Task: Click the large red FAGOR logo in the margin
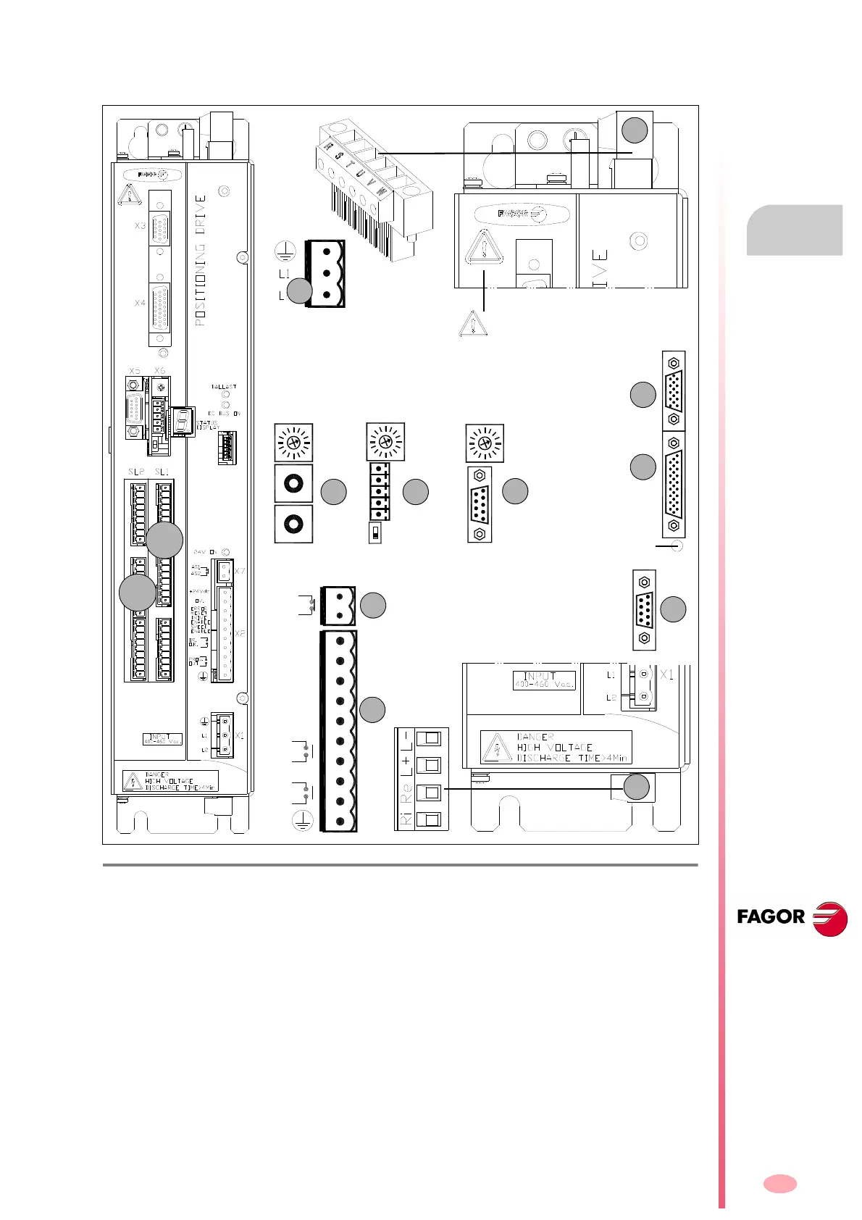[792, 918]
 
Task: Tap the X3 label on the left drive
[140, 226]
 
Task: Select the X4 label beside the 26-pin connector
[140, 303]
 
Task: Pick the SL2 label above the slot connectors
[136, 472]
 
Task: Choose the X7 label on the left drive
[240, 572]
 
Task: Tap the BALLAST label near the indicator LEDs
[224, 388]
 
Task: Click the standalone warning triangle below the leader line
[473, 324]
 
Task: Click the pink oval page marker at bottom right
[779, 1184]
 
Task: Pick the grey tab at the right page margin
[794, 230]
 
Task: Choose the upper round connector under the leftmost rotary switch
[293, 483]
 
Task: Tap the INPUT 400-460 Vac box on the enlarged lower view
[544, 680]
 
